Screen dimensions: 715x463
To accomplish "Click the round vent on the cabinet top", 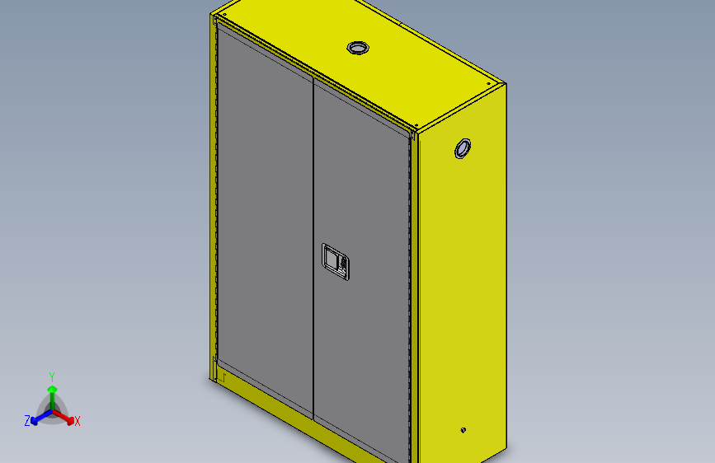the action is pos(358,48).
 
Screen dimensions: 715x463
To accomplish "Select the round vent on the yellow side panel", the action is pos(463,148).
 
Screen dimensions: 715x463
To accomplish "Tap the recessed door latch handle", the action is pos(336,262).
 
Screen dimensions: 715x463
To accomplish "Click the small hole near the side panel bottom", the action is pos(463,430).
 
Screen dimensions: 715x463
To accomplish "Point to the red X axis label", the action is pos(77,421).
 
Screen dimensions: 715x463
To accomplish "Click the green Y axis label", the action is pos(52,376).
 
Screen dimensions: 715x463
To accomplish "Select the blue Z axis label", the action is pos(27,420).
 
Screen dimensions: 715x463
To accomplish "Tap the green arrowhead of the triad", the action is pos(52,389).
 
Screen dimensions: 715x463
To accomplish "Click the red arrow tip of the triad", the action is pos(70,421).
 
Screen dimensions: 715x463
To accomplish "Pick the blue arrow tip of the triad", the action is pos(34,421).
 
